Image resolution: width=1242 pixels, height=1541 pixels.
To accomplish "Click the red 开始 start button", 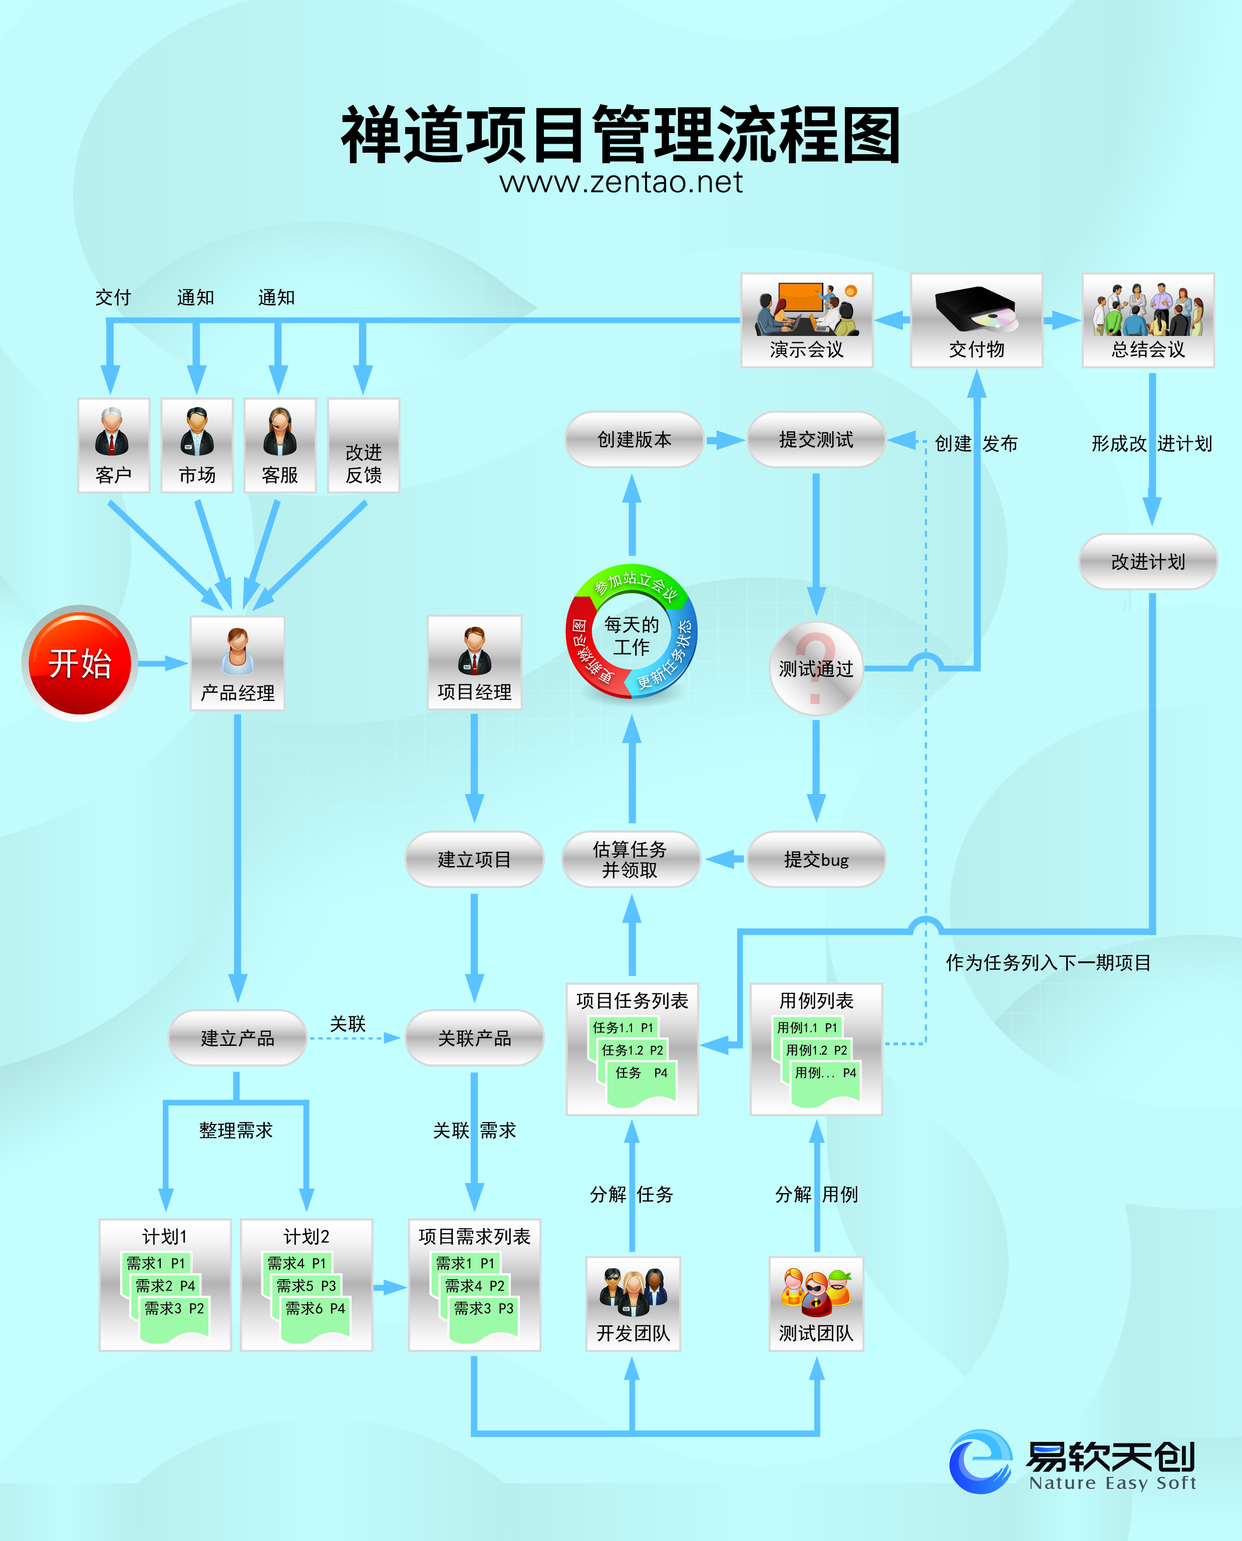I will tap(80, 663).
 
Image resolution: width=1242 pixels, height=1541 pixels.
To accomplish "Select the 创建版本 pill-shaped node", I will tap(634, 439).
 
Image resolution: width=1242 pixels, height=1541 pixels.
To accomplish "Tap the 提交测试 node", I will tap(816, 439).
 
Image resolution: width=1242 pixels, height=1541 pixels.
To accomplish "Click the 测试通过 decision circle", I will tap(816, 668).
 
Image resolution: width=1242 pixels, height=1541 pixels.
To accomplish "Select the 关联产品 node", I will tap(474, 1037).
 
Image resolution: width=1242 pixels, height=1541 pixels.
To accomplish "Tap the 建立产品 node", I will tap(237, 1037).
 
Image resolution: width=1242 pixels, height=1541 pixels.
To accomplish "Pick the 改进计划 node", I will tap(1147, 561).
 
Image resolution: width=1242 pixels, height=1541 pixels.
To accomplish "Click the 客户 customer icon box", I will tap(113, 445).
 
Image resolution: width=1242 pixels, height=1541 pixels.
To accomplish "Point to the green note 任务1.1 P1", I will tap(623, 1027).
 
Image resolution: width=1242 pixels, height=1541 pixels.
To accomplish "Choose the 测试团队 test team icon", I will tap(816, 1303).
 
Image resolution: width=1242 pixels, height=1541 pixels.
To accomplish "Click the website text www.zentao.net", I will tap(621, 182).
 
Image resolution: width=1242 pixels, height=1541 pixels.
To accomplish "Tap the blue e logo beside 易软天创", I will tap(980, 1461).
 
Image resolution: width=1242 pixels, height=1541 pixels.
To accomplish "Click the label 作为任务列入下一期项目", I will tap(1048, 963).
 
